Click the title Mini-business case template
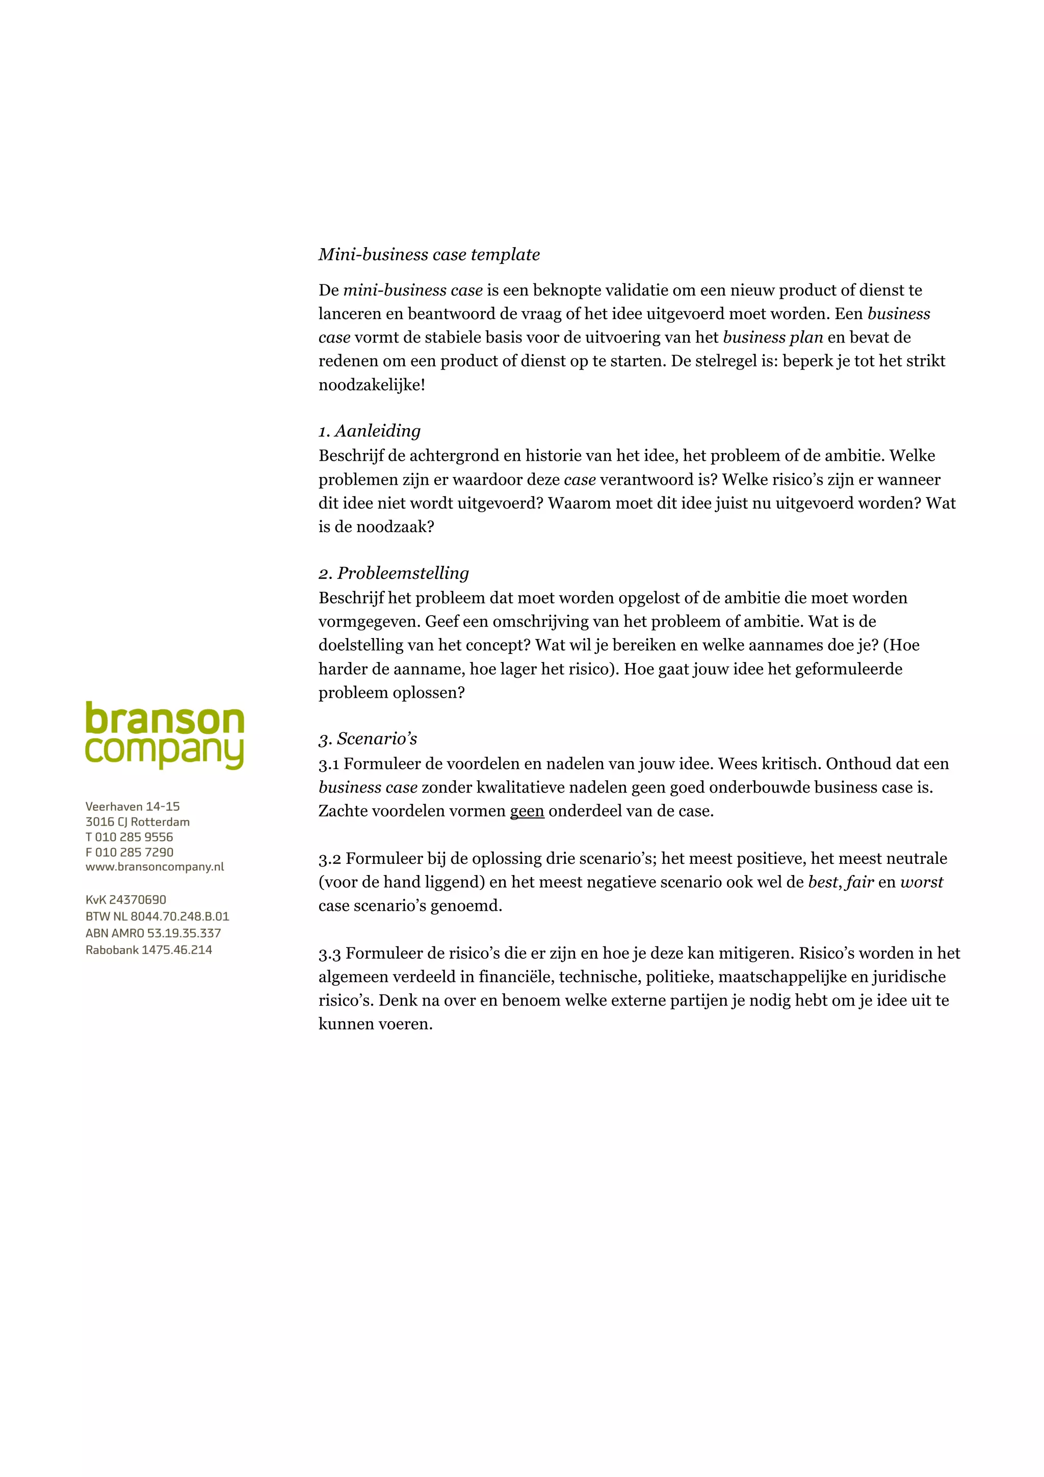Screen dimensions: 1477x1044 [429, 255]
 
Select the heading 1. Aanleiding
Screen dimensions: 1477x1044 [370, 431]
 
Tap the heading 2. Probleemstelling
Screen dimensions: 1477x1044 [394, 573]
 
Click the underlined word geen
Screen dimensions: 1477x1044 [527, 811]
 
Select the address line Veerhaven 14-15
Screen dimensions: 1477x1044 [133, 807]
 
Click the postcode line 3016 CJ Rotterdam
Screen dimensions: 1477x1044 [138, 822]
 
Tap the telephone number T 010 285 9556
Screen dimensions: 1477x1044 [129, 837]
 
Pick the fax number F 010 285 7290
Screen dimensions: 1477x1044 [129, 852]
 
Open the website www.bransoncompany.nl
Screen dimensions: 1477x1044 [154, 867]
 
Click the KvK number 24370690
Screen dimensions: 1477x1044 [126, 900]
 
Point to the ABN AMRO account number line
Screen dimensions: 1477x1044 [153, 933]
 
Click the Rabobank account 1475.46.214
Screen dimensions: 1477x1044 [148, 950]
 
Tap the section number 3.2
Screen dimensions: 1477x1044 [329, 859]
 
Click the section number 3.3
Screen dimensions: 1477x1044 [329, 954]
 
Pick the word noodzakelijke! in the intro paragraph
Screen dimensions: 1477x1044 [372, 385]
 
